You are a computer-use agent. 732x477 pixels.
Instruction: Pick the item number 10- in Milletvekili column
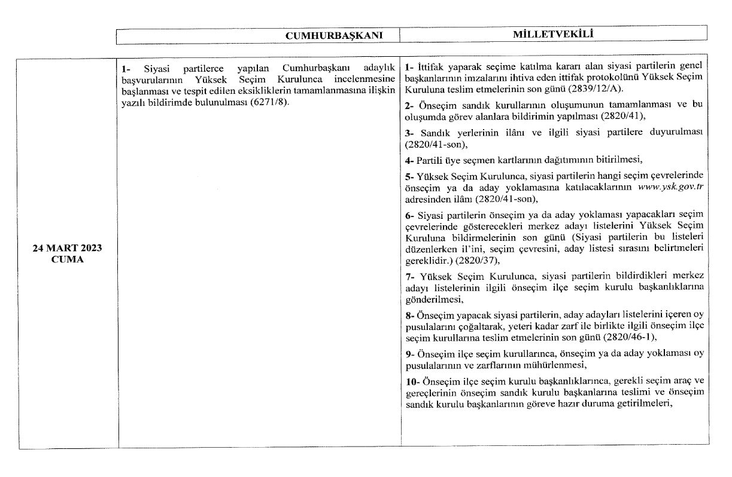tap(412, 381)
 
